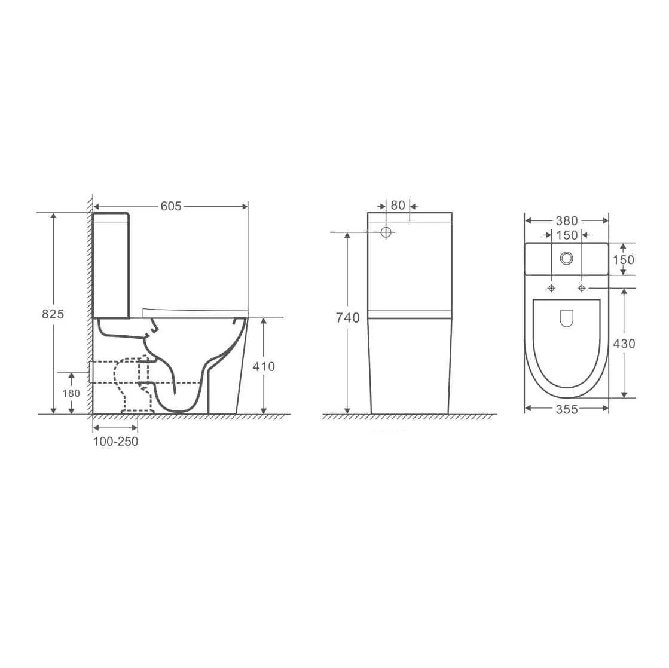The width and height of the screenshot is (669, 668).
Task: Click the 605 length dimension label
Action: pos(171,206)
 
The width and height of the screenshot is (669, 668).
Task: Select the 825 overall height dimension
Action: pos(53,314)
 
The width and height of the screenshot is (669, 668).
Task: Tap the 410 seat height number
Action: pos(264,367)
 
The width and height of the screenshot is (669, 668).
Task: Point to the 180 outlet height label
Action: pos(71,393)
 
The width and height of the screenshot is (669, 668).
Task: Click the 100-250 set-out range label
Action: pos(115,442)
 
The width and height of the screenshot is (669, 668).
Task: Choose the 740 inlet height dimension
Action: pos(348,318)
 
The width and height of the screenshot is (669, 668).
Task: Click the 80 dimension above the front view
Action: pos(398,206)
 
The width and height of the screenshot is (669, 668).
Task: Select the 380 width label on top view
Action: pos(567,221)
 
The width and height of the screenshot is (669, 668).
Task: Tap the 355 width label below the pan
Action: pos(567,410)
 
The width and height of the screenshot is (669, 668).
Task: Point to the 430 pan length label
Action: pos(624,344)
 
